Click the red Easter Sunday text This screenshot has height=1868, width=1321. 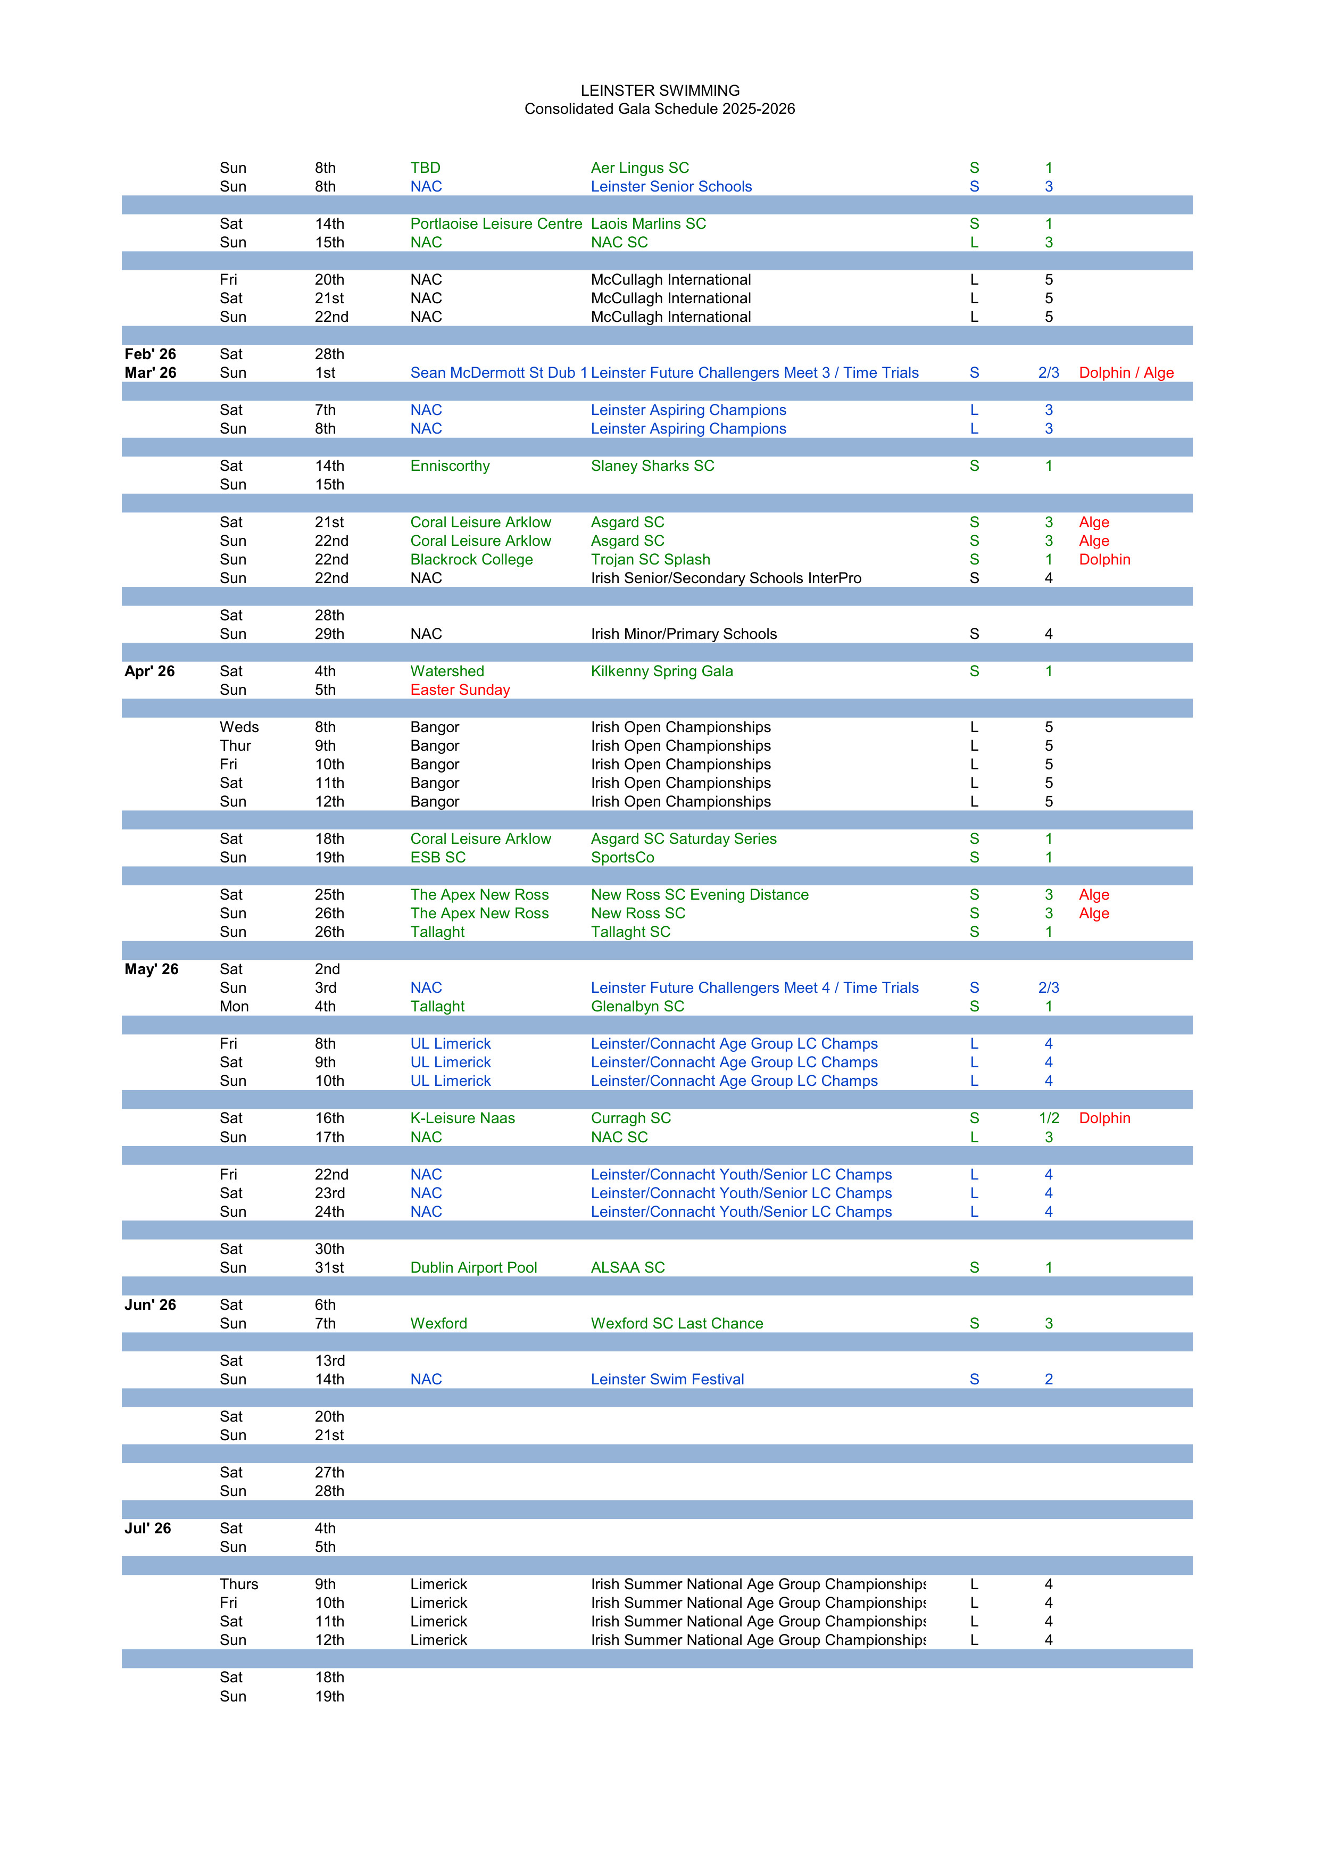(460, 690)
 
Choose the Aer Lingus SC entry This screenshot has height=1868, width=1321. (639, 168)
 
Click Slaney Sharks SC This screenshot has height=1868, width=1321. (652, 466)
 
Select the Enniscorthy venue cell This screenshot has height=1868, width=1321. (450, 466)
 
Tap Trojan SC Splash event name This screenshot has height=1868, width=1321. (650, 560)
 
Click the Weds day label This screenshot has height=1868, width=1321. (239, 727)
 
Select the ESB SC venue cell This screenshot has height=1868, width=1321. (438, 858)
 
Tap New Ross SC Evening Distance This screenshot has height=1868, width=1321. (700, 895)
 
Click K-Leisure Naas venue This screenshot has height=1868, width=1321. (462, 1119)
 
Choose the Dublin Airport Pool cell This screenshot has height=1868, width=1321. (473, 1267)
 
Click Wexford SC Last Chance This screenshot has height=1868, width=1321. (677, 1324)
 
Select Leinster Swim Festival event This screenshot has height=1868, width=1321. (667, 1380)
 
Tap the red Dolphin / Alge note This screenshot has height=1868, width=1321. (1126, 372)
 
